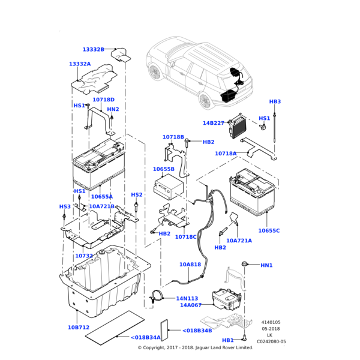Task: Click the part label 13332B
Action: pos(93,50)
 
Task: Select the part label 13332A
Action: pos(80,64)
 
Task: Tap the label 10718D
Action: pos(103,100)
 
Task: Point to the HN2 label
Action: pos(113,109)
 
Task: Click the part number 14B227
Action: pos(213,123)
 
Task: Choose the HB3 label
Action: pos(275,102)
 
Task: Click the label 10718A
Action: pos(226,154)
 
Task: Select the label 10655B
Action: pos(163,169)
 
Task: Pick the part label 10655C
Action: pos(269,230)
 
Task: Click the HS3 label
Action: pos(65,207)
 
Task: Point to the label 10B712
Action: pos(78,328)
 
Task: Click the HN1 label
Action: pos(266,265)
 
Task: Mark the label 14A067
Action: pos(190,305)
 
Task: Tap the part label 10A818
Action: pos(190,265)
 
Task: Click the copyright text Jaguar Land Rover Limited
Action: pos(224,347)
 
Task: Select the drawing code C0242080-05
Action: pos(271,341)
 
